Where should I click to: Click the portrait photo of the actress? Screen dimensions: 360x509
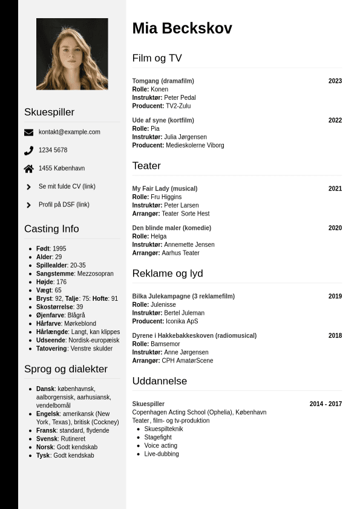(x=72, y=54)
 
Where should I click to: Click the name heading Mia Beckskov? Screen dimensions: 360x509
(x=182, y=28)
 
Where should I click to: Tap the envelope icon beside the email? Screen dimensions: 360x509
(x=29, y=133)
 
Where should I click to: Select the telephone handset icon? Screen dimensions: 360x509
(x=29, y=151)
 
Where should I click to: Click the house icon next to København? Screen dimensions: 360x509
(x=29, y=169)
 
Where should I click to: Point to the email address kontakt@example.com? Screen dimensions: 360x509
(x=70, y=132)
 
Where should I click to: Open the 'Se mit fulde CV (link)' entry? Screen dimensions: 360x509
(x=67, y=186)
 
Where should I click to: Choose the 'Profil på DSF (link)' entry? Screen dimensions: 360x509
(x=64, y=205)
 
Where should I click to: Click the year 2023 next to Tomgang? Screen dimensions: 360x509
(x=335, y=81)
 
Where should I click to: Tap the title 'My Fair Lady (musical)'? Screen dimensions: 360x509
(x=157, y=189)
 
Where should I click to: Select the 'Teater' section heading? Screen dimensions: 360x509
(x=146, y=166)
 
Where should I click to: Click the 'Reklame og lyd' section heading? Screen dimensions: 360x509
(x=168, y=274)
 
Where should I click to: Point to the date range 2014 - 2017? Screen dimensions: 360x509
(x=326, y=404)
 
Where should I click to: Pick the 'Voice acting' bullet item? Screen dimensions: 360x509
(x=160, y=445)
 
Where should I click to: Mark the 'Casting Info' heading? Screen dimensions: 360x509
(x=51, y=229)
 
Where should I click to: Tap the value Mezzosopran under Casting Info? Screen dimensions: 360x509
(x=95, y=274)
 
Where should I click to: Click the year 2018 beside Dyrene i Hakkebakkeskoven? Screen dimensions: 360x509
(x=335, y=336)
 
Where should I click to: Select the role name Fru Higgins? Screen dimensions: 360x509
(x=166, y=197)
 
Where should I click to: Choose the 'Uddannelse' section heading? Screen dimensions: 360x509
(x=160, y=381)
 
